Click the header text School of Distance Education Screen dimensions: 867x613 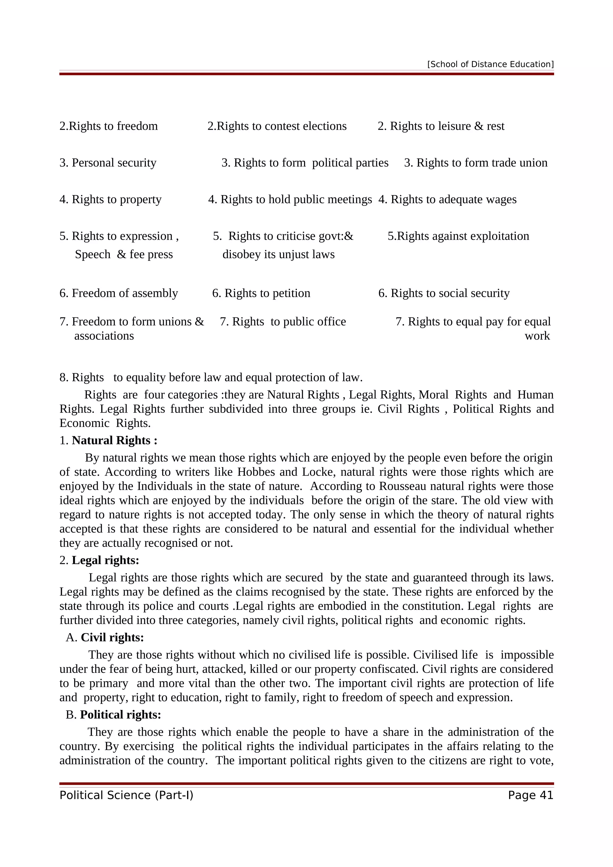click(490, 64)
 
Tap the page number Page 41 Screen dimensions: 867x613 click(530, 795)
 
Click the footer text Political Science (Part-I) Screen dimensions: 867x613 click(126, 795)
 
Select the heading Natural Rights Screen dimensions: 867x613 click(114, 440)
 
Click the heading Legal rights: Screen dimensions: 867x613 click(105, 560)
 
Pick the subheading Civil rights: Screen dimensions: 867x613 click(112, 638)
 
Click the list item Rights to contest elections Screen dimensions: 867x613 click(277, 126)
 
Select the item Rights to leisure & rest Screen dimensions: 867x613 click(441, 126)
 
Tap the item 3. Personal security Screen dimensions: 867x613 click(108, 163)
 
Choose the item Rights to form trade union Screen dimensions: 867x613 click(476, 163)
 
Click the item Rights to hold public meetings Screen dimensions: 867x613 click(290, 199)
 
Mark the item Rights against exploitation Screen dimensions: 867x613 click(458, 236)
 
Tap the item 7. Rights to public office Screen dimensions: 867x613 click(283, 322)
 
